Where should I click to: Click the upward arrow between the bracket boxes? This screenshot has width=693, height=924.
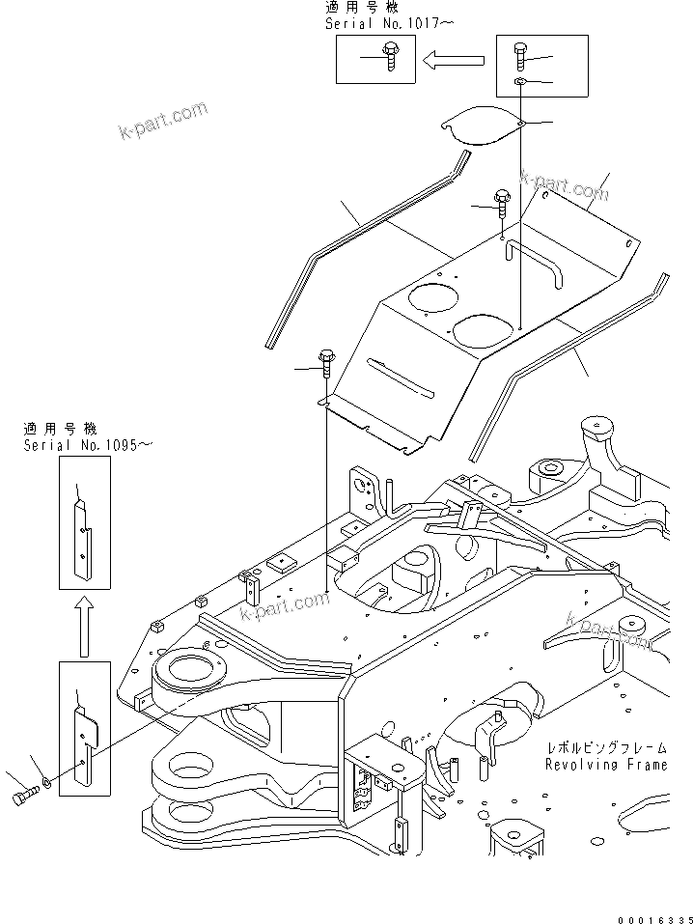[84, 625]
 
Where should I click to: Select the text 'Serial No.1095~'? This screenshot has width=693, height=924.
[88, 443]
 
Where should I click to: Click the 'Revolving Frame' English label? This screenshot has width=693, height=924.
[606, 765]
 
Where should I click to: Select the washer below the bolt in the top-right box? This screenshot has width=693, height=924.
[519, 84]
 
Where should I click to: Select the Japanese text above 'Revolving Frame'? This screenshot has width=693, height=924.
[606, 747]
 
